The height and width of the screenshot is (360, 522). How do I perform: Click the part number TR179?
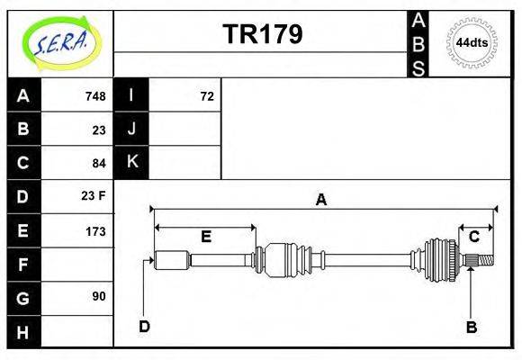coord(262,34)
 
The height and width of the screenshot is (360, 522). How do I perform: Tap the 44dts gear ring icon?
coord(472,42)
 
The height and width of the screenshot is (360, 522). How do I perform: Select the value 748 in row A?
coord(95,96)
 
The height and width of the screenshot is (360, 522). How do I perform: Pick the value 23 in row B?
coord(99,130)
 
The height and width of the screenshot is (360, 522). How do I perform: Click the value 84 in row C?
coord(99,163)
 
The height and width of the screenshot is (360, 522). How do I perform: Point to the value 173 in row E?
coord(95,230)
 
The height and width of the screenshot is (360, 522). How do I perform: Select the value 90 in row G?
coord(99,296)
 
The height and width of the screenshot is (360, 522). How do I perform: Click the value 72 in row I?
coord(207,96)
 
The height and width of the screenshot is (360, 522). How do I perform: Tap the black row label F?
coord(23,264)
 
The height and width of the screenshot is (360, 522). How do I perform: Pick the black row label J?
coord(131,130)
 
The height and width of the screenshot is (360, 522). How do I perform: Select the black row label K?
coord(131,163)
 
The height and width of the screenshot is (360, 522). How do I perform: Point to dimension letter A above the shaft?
coord(320,200)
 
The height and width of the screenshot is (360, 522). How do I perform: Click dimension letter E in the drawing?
coord(205,237)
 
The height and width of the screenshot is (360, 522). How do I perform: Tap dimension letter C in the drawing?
coord(473,237)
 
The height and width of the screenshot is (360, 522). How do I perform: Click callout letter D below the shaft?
coord(144,326)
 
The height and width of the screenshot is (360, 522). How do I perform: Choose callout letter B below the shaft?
coord(471,327)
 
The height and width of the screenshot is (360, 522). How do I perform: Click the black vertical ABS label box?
coord(418,43)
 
